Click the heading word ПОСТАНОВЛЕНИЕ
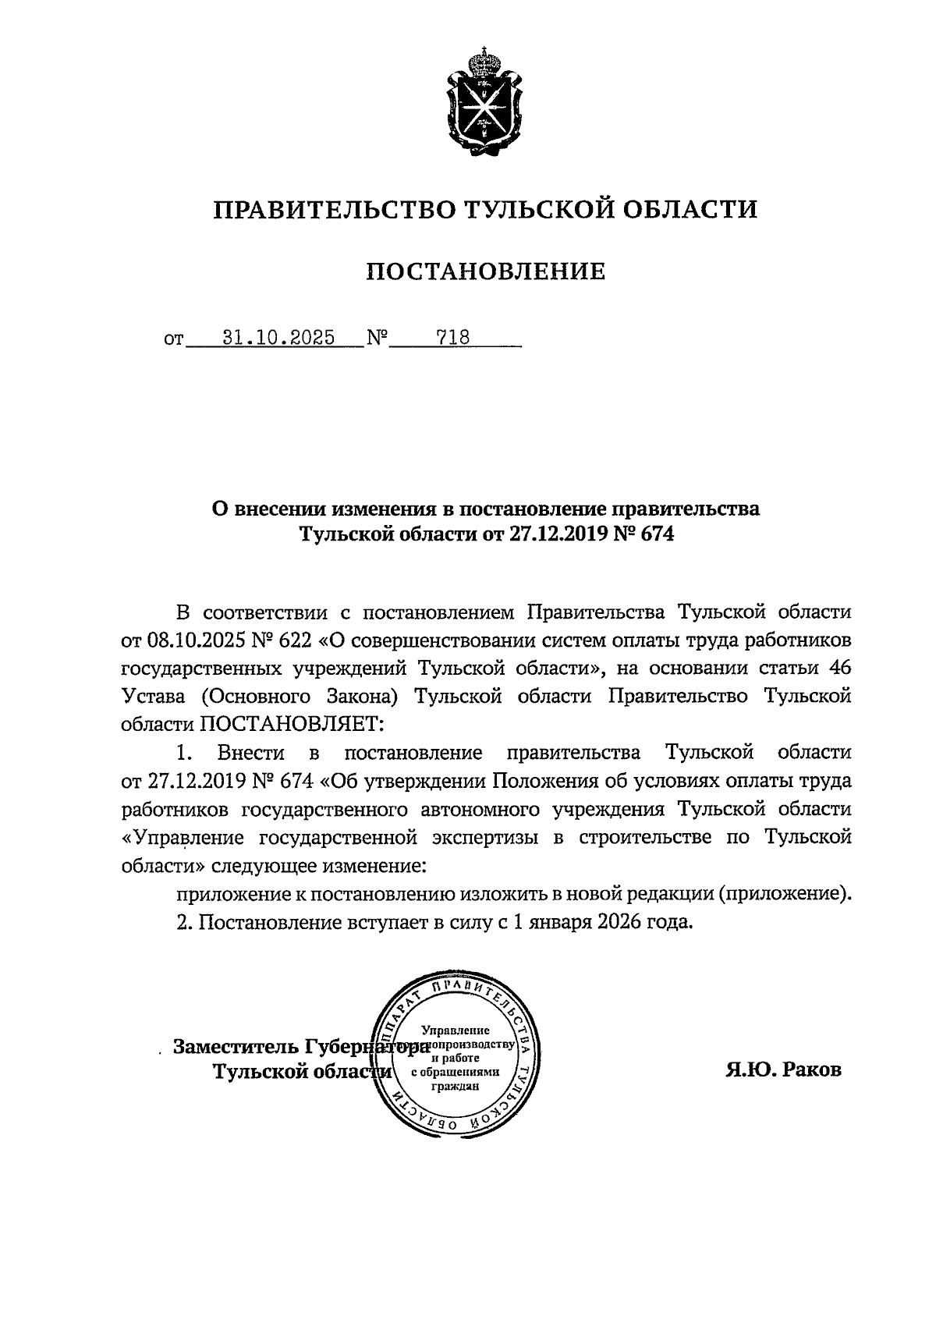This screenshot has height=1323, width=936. tap(486, 271)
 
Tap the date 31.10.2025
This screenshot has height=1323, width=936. tap(278, 338)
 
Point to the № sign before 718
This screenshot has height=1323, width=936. tap(378, 339)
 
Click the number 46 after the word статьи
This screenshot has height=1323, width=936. tap(839, 669)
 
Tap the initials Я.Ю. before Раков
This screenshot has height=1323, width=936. tap(750, 1069)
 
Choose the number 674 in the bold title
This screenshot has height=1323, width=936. tap(655, 535)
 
